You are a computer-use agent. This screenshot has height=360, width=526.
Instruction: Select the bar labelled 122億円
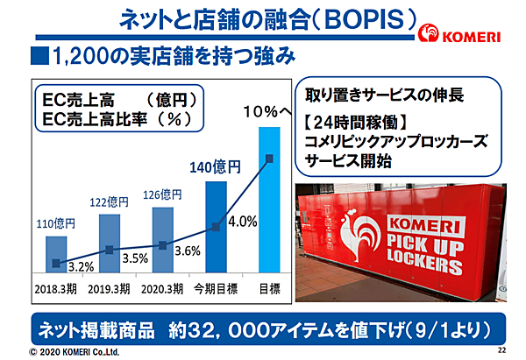click(109, 248)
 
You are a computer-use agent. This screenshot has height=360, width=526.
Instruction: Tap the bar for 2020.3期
click(163, 244)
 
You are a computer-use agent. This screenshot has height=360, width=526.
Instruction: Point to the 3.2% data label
click(80, 266)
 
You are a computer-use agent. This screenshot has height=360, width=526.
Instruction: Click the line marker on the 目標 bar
click(269, 159)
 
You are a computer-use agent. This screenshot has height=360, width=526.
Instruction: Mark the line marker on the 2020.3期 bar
click(163, 246)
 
